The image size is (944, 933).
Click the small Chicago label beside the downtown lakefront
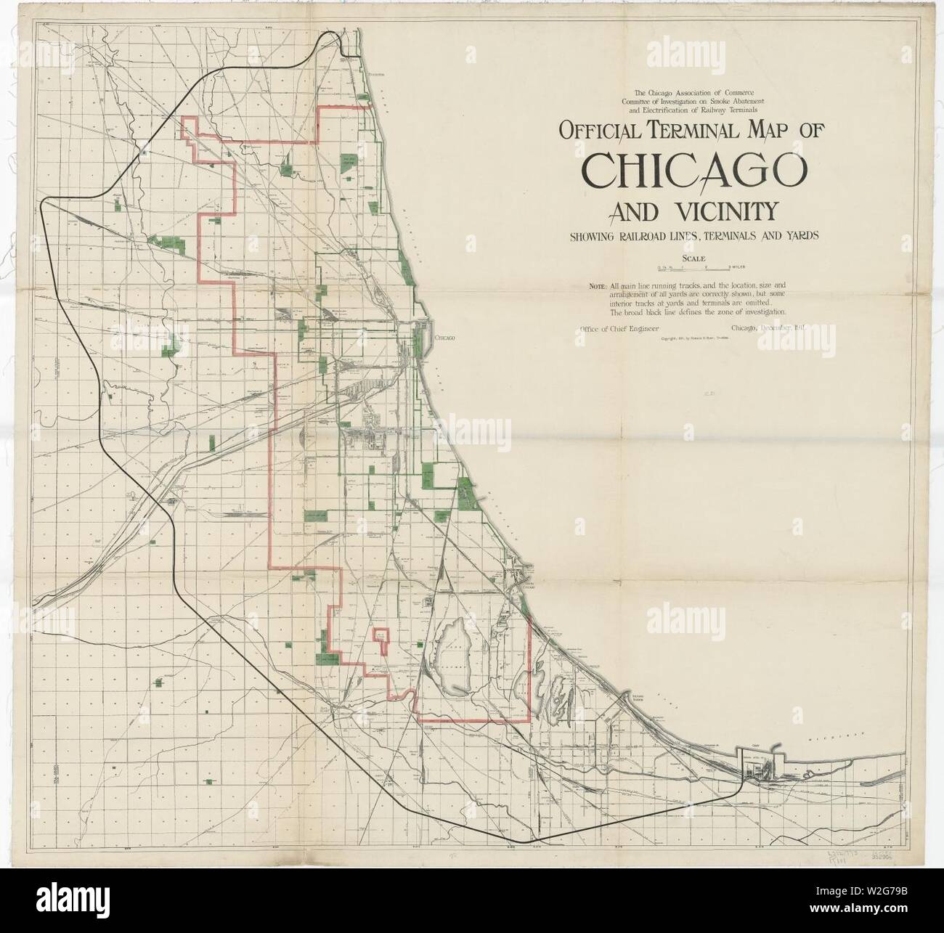click(444, 338)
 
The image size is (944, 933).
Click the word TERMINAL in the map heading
click(691, 131)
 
